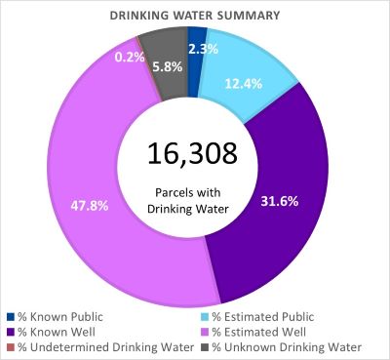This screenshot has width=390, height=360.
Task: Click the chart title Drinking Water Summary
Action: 195,14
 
